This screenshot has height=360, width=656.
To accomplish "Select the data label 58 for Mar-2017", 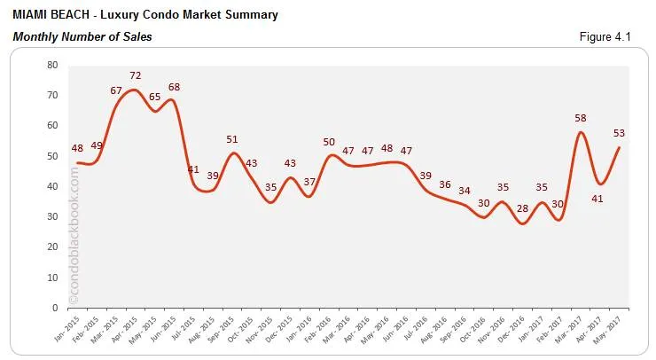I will coord(580,118).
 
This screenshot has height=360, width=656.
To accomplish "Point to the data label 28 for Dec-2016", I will coord(522,208).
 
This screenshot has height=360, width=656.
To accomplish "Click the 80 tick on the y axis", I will coord(52,65).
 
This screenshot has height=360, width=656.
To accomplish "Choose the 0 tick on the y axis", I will coord(55,308).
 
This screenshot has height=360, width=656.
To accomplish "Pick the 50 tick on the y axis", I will coord(52,156).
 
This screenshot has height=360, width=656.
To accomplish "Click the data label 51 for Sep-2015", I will coord(232,139).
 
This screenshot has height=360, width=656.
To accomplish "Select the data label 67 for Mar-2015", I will coord(115,90).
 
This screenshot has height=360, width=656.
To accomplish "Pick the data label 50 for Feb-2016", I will coord(328,142).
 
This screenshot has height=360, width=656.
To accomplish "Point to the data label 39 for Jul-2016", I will coord(426,176).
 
